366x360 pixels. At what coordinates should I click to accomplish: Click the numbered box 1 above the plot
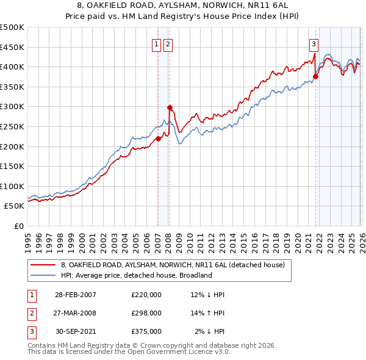tap(156, 44)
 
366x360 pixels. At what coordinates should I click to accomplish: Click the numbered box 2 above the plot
tap(168, 44)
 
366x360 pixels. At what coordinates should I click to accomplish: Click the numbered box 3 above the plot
tap(314, 44)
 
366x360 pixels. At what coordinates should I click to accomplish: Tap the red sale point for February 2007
tap(158, 139)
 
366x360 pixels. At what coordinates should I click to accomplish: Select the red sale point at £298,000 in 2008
tap(170, 107)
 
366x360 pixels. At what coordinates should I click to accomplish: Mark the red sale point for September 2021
tap(315, 77)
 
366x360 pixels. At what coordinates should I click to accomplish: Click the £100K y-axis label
tap(12, 186)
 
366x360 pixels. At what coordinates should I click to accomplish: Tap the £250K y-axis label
tap(12, 126)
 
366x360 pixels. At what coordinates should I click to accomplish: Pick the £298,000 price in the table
tap(146, 313)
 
